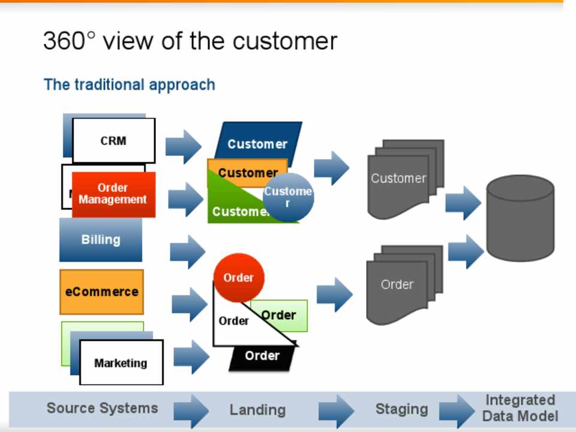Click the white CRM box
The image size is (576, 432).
point(113,140)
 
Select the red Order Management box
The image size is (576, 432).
point(113,194)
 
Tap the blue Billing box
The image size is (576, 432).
point(101,239)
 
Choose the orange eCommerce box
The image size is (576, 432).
point(101,292)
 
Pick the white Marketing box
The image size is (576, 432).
point(121,362)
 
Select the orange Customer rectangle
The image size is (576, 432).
point(240,172)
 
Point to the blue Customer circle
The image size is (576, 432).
point(289,197)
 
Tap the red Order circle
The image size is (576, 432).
point(238,278)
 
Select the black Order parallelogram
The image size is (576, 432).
point(262,356)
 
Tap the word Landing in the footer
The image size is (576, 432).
point(257,410)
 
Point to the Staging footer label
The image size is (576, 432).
point(401,409)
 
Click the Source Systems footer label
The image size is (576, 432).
point(102,409)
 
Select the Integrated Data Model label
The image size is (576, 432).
point(520,408)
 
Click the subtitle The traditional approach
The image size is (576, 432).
point(129,85)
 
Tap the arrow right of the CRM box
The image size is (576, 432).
point(184,146)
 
